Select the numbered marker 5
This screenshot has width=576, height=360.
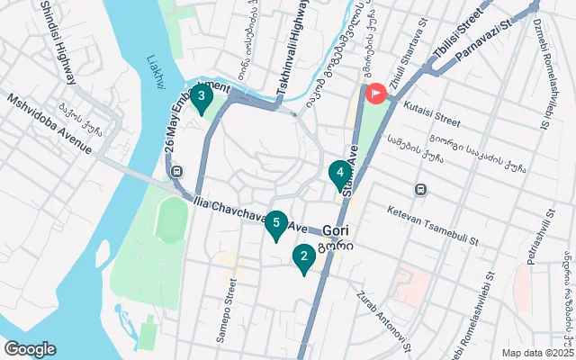pos(276,223)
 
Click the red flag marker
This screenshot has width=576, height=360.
pos(373,92)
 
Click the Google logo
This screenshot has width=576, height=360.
pos(30,349)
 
